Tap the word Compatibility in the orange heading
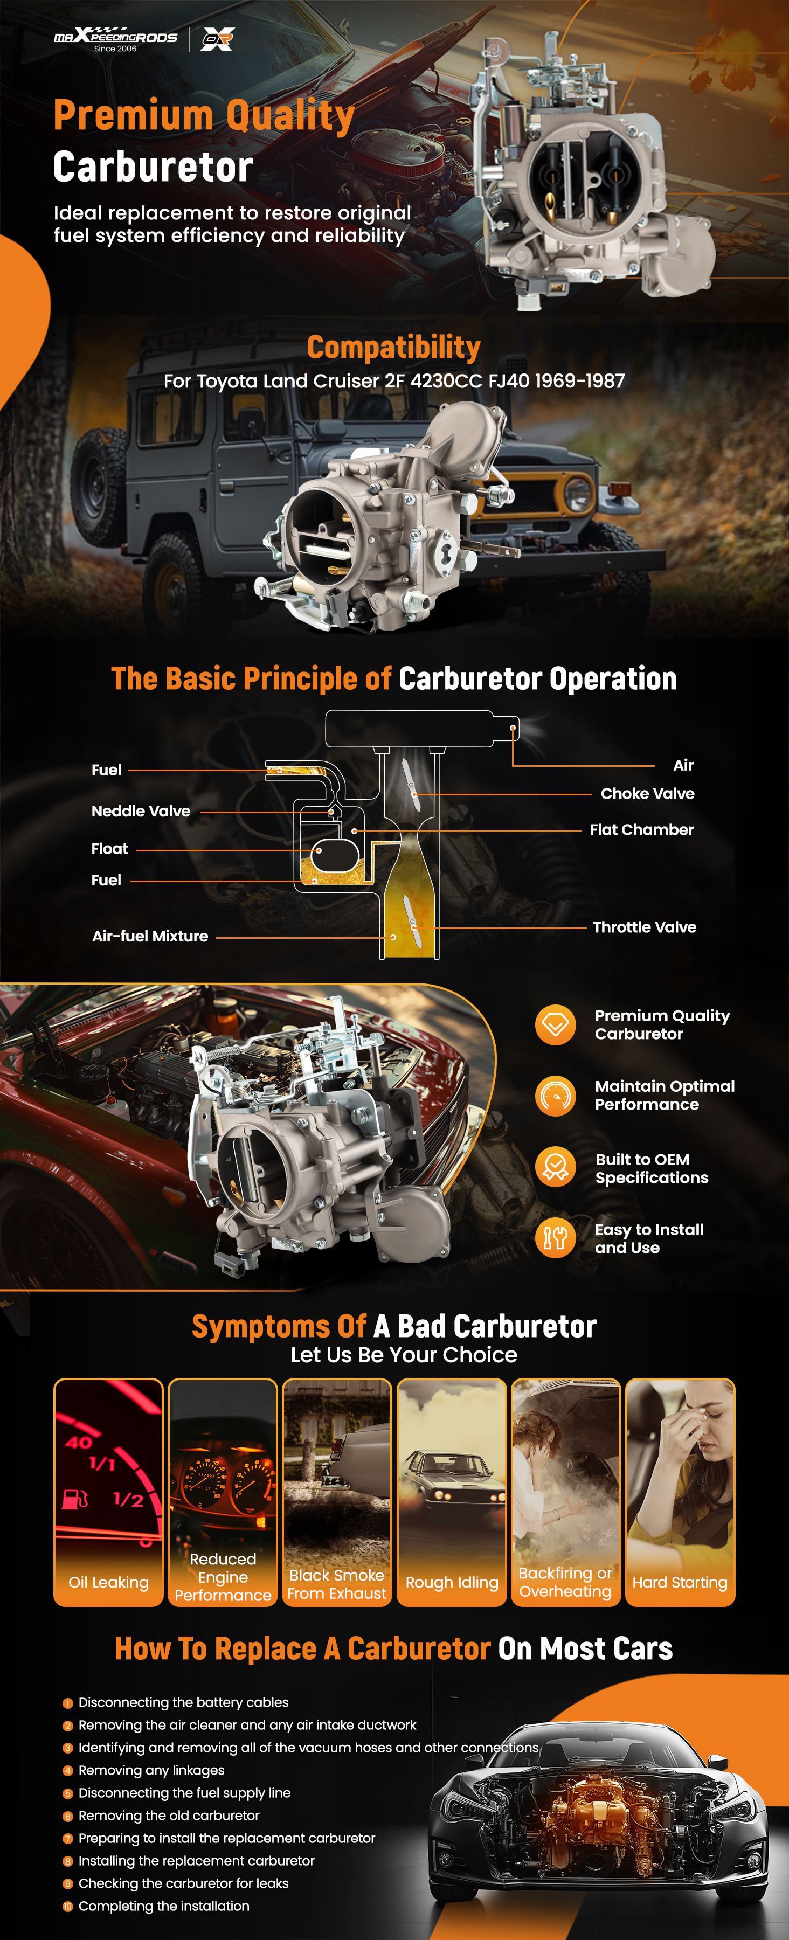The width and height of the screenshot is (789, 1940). click(x=394, y=347)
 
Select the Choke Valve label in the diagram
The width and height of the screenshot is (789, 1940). click(x=647, y=794)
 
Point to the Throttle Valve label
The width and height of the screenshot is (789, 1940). click(x=645, y=927)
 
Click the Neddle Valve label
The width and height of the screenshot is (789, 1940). click(x=141, y=811)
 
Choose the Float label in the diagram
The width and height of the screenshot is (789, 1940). click(x=110, y=849)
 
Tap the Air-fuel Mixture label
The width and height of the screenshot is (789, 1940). click(x=150, y=936)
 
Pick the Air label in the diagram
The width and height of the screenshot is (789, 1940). click(x=683, y=765)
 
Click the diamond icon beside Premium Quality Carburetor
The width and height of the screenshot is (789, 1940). click(x=556, y=1025)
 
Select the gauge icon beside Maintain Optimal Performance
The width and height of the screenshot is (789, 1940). click(x=556, y=1096)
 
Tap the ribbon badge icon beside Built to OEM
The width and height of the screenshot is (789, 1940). click(x=556, y=1167)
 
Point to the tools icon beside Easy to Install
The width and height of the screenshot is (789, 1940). click(x=556, y=1237)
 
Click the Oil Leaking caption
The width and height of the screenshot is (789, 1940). click(x=108, y=1582)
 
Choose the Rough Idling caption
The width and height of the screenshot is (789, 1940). click(x=452, y=1582)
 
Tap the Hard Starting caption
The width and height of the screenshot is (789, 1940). click(x=680, y=1582)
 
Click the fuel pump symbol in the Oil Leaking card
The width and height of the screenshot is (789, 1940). click(x=74, y=1499)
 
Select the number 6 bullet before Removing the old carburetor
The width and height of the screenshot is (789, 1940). click(x=68, y=1816)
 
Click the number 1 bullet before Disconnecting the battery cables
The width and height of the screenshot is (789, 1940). click(x=68, y=1703)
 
